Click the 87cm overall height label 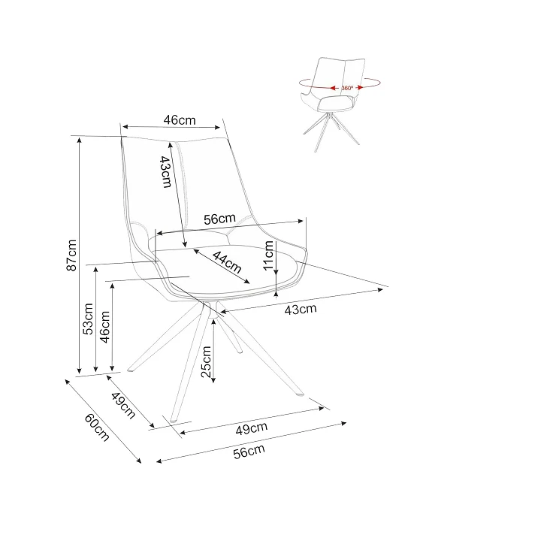(71, 255)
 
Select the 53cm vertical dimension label (88, 319)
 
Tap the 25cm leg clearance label (206, 361)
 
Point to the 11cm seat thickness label (268, 255)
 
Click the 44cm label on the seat (227, 261)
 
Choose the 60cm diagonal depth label (97, 428)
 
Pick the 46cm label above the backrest (180, 120)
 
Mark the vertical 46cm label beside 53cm (105, 327)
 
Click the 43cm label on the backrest (166, 171)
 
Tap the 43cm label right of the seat (301, 310)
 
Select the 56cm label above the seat (219, 219)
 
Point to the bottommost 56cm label (249, 452)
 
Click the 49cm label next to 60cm (123, 406)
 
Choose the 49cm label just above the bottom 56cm (252, 428)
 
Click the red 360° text (347, 88)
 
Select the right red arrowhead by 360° (360, 87)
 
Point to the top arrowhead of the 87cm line (80, 140)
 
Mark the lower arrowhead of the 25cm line (213, 380)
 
